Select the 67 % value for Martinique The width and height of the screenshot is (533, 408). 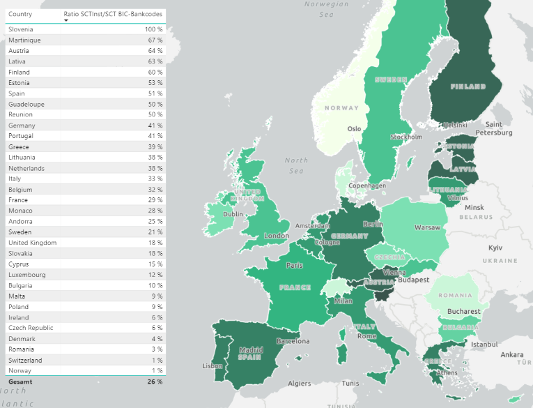coord(154,40)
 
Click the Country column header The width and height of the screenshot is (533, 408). coord(20,13)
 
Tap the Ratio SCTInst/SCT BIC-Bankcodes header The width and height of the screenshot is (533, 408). coord(113,13)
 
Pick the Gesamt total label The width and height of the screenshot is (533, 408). coord(20,382)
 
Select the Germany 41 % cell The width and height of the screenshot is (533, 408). coord(154,126)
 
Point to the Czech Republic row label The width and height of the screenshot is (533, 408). coord(31,328)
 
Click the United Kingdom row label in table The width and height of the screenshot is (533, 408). coord(32,243)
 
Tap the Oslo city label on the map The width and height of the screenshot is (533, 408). coord(355,129)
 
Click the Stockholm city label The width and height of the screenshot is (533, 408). coord(406,137)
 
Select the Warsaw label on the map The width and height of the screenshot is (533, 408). coord(427,227)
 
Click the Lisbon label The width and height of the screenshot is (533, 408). coord(212,366)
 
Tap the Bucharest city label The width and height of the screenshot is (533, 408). coord(464,311)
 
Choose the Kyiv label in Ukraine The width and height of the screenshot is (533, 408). coord(495,248)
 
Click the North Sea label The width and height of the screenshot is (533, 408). coord(296,165)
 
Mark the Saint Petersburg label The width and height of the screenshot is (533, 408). coord(494,128)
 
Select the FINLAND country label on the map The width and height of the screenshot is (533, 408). coord(468,86)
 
